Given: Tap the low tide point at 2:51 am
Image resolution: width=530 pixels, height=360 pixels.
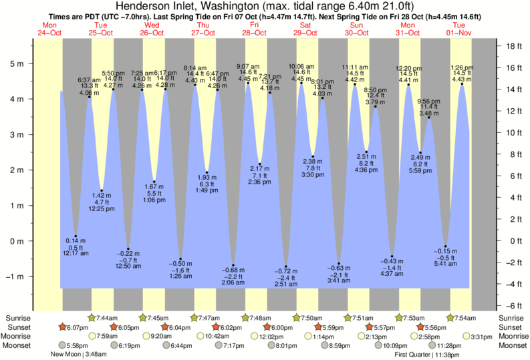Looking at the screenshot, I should (286, 266).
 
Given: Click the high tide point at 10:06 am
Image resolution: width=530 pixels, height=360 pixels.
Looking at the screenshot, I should (301, 83).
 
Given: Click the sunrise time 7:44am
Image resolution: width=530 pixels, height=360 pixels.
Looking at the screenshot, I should (107, 317).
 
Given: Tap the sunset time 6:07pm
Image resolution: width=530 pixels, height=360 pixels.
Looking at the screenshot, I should (78, 327).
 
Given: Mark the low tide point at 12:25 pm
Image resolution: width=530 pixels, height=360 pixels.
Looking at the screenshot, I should (102, 190).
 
